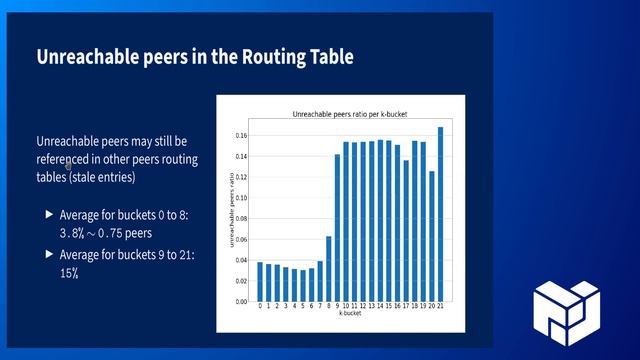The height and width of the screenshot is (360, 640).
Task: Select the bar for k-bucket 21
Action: (x=440, y=214)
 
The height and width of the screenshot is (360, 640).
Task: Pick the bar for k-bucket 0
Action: (x=260, y=281)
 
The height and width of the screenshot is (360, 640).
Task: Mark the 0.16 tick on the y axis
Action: (x=241, y=135)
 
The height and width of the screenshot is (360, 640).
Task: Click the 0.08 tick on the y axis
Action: (x=241, y=218)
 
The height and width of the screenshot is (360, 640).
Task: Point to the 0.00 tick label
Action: (x=241, y=301)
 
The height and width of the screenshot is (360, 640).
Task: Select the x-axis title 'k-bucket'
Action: (x=350, y=314)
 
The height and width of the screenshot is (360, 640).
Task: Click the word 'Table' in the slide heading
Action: (x=327, y=57)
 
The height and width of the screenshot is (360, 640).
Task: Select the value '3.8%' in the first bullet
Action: (x=73, y=232)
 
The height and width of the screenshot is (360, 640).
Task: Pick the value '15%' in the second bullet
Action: (x=69, y=272)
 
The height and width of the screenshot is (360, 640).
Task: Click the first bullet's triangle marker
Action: (x=50, y=214)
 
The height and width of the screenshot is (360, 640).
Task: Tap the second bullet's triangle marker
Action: (x=50, y=255)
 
